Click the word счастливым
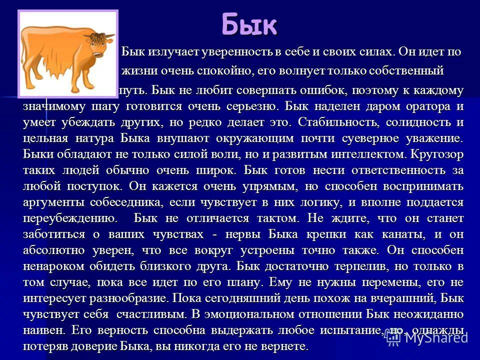point(148,314)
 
